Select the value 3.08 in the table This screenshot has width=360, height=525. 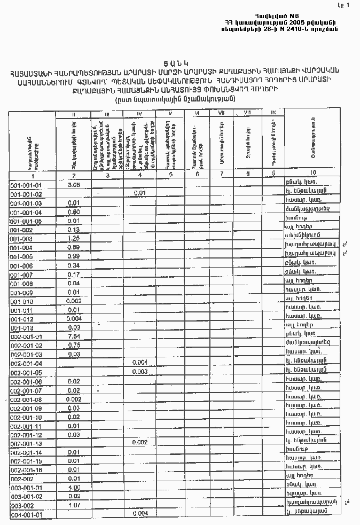click(x=74, y=184)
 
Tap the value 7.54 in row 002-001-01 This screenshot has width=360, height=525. click(x=74, y=336)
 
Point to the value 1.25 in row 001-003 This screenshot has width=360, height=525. click(x=74, y=238)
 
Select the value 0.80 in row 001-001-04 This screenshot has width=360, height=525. click(x=74, y=211)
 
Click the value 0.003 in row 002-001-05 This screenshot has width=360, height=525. click(x=139, y=371)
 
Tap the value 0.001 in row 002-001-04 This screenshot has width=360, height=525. click(x=139, y=362)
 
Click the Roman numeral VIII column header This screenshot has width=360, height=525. click(x=247, y=112)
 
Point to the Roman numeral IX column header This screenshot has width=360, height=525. click(x=273, y=112)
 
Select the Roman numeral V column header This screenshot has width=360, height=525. click(x=169, y=113)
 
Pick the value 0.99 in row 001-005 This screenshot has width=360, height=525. click(x=74, y=256)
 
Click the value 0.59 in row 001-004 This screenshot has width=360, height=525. click(x=74, y=247)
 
